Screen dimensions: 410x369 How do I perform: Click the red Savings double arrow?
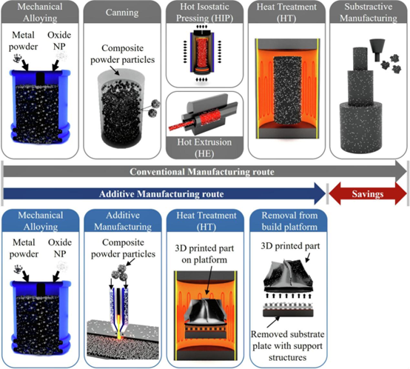point(368,194)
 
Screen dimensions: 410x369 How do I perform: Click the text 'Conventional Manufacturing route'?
point(202,172)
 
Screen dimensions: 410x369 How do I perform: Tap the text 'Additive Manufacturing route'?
point(161,194)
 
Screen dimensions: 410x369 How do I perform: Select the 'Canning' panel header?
point(122,13)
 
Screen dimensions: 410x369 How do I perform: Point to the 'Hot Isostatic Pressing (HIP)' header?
point(204,12)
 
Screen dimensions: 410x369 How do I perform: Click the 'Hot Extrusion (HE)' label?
point(204,147)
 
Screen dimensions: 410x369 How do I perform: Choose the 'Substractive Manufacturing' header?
point(369,12)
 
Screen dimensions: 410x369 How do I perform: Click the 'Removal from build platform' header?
point(289,221)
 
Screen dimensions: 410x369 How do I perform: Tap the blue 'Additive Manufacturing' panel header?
point(123,221)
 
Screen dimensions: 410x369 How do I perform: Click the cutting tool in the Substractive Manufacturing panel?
point(377,50)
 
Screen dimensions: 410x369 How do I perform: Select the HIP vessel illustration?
point(202,52)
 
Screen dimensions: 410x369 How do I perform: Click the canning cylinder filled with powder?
point(121,109)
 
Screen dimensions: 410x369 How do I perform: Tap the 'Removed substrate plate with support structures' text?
point(288,346)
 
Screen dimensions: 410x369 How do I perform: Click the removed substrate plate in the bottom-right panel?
point(288,310)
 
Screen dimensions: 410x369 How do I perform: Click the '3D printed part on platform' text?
point(204,254)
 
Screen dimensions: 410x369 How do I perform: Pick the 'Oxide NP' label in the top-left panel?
point(59,41)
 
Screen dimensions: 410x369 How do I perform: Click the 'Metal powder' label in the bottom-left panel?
point(24,248)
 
